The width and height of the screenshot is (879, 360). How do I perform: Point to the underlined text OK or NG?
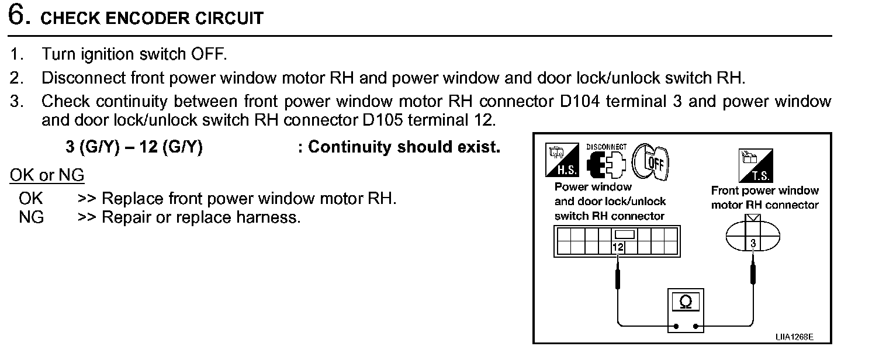[x=47, y=175]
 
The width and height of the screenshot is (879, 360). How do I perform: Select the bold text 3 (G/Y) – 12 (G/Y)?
[x=134, y=147]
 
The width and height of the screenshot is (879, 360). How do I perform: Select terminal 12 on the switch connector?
[x=618, y=247]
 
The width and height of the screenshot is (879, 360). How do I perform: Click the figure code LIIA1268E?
[x=794, y=337]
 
